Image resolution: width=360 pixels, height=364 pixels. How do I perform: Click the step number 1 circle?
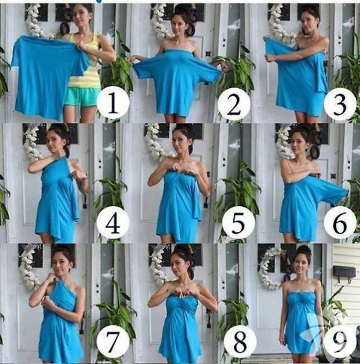coord(113,103)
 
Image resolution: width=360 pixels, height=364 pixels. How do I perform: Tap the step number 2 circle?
coord(234,105)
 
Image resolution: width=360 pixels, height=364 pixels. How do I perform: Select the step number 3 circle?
coord(340,104)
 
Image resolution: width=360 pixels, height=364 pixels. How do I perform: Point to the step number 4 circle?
coord(113,223)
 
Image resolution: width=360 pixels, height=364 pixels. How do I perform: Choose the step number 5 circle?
coord(238,223)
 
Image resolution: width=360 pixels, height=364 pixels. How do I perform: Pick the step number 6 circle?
coord(340,223)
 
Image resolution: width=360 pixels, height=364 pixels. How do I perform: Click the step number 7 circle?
coord(113,342)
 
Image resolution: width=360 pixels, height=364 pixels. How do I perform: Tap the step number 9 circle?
coord(340,342)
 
